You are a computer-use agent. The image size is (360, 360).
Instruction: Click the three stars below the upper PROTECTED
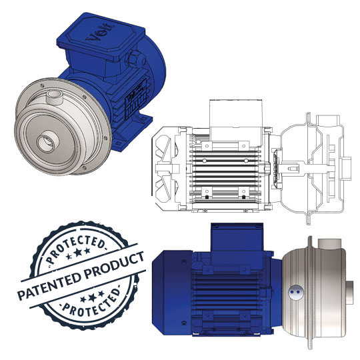click(x=77, y=253)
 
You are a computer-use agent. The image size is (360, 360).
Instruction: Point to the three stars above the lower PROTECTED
click(x=92, y=297)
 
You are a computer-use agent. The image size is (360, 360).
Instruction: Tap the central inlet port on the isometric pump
click(x=47, y=141)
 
